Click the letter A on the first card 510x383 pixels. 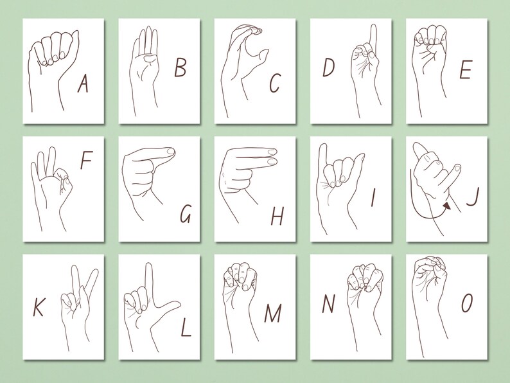click(x=82, y=84)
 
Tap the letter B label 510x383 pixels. click(x=180, y=67)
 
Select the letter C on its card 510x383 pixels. click(x=275, y=83)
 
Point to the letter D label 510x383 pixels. click(x=328, y=67)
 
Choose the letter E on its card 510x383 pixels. click(x=465, y=70)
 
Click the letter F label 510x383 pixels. click(x=86, y=161)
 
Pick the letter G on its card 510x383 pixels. click(x=185, y=214)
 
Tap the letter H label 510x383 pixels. click(x=277, y=217)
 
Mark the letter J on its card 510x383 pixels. click(x=472, y=197)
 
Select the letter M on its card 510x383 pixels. click(x=272, y=314)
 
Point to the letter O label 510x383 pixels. click(x=466, y=303)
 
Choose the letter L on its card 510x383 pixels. click(x=186, y=328)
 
